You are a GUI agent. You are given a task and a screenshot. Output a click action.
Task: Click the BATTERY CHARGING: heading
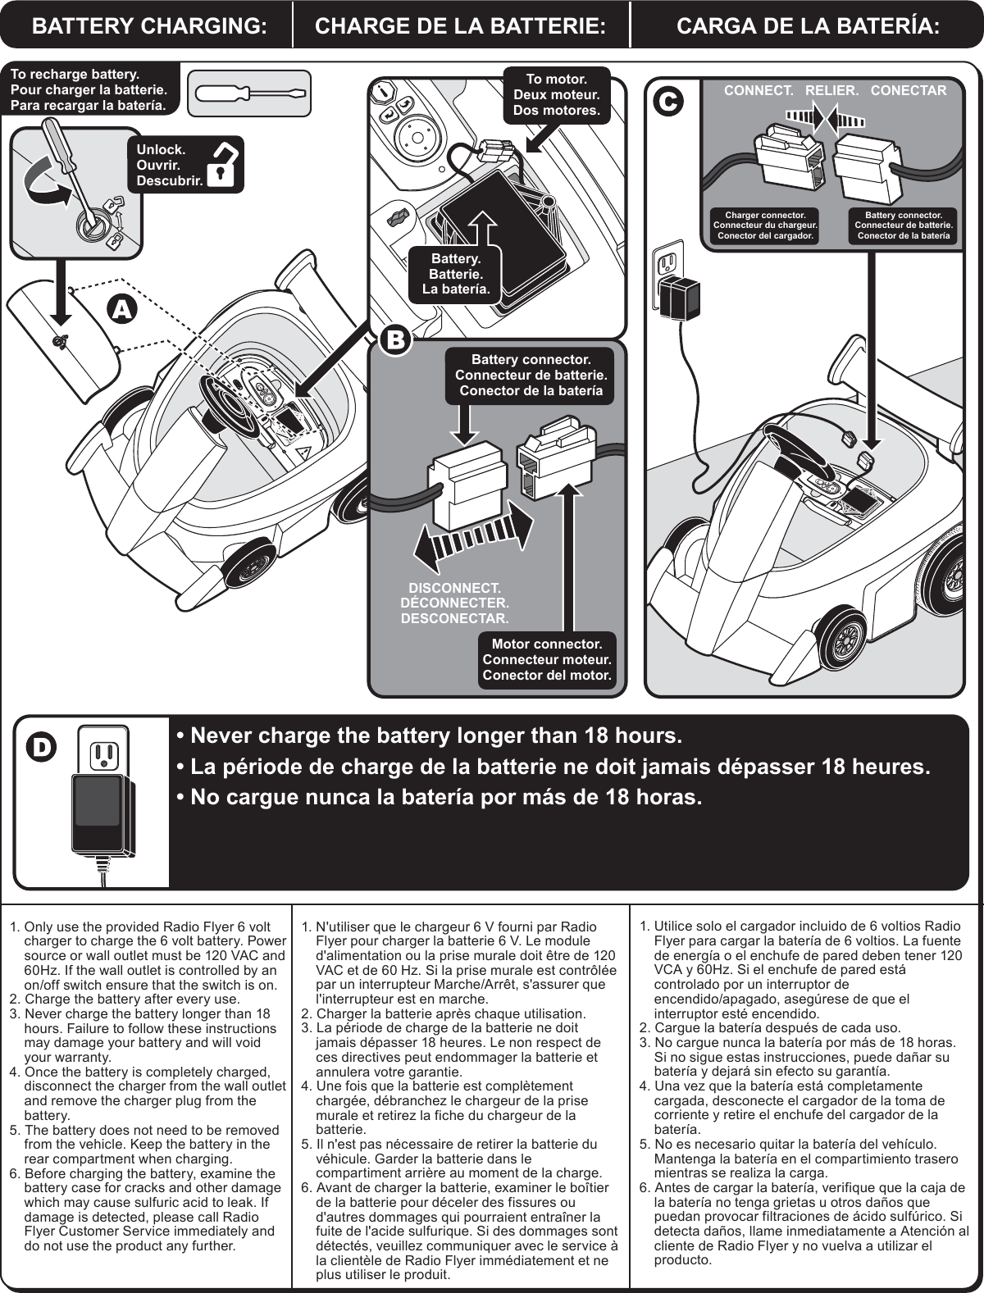click(x=148, y=25)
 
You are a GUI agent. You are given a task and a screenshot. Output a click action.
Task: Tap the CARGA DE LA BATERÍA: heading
click(x=808, y=25)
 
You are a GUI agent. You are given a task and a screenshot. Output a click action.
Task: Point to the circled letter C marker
click(x=668, y=101)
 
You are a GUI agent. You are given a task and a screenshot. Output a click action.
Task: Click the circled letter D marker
click(x=41, y=745)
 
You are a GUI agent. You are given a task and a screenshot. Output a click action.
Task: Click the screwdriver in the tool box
click(x=249, y=93)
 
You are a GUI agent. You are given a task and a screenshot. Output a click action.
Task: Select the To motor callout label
click(x=556, y=94)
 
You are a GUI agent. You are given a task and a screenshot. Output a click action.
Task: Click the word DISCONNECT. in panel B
click(x=455, y=589)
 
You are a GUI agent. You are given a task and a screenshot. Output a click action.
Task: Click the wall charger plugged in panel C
click(x=681, y=299)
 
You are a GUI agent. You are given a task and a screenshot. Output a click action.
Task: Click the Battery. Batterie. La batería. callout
click(x=456, y=274)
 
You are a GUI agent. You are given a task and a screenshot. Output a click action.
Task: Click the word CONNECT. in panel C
click(x=758, y=90)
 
